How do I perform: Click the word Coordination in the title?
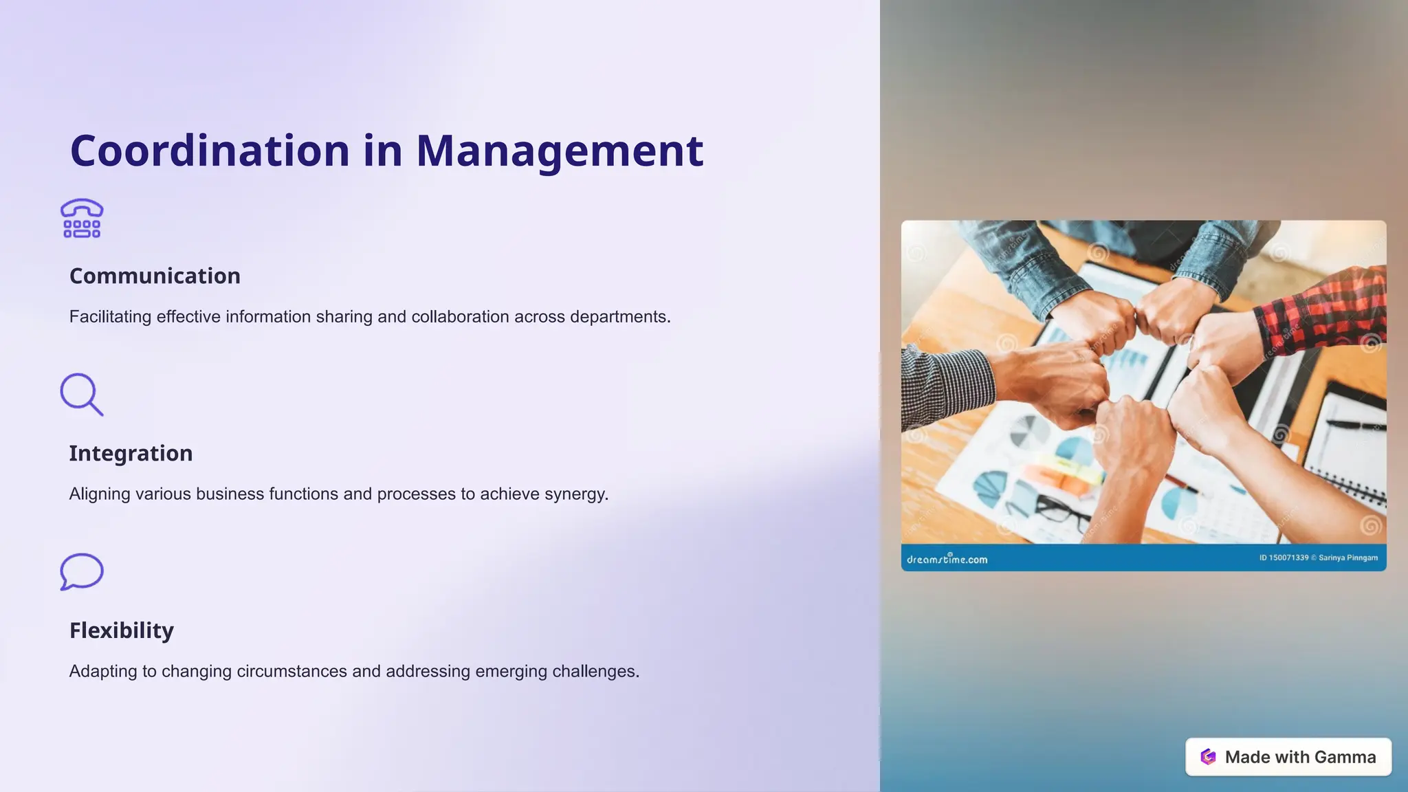[210, 151]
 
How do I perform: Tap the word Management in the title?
[560, 151]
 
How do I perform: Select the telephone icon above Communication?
[82, 219]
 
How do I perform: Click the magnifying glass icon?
[81, 394]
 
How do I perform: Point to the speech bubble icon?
[81, 571]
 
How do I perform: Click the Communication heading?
[155, 276]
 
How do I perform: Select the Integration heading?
[131, 453]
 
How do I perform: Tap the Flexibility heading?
[122, 630]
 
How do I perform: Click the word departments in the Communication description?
[619, 317]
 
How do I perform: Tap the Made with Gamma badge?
[1288, 757]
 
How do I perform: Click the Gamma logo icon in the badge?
[1208, 757]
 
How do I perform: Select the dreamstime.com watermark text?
[947, 559]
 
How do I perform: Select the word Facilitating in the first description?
[110, 317]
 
